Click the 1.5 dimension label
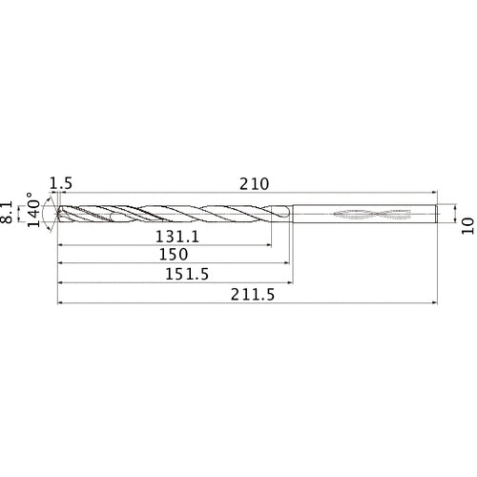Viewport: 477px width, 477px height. (61, 182)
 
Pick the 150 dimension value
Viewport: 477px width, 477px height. (175, 256)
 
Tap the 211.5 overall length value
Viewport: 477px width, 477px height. (249, 297)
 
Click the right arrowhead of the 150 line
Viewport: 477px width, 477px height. (287, 264)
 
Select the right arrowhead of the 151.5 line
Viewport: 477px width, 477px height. (290, 283)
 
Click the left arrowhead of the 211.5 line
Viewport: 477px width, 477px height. (61, 305)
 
